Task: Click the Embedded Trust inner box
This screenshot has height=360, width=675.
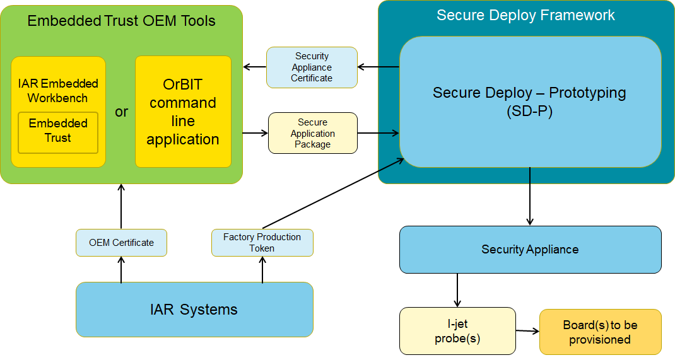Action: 57,132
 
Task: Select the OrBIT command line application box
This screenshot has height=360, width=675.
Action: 183,112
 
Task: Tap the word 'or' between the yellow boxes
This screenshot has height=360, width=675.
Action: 121,112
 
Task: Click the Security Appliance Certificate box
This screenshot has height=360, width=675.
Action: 312,67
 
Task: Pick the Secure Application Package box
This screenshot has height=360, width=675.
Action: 313,133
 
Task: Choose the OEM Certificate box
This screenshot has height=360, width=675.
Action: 121,243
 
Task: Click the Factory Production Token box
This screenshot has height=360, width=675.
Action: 262,243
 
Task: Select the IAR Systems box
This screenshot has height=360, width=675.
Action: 194,309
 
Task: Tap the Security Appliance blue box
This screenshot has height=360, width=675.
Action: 530,249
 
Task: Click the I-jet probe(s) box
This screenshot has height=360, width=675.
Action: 457,332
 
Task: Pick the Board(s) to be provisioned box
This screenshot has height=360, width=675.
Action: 600,332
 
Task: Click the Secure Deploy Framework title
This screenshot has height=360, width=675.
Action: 525,15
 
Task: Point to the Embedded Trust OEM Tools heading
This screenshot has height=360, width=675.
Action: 121,21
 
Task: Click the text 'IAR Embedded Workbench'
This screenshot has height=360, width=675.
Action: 57,91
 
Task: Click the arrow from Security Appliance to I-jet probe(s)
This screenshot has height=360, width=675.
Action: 457,290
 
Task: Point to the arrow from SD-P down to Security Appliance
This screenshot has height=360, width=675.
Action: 530,196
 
